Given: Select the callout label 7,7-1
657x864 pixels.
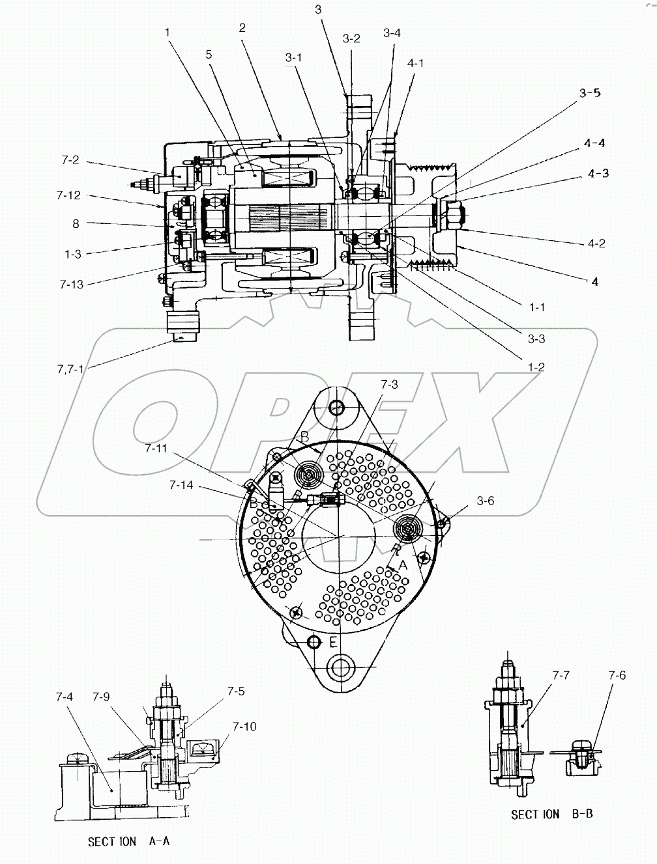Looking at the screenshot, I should [69, 369].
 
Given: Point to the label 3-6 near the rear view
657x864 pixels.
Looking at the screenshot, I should [485, 500].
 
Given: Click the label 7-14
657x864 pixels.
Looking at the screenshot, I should [181, 485].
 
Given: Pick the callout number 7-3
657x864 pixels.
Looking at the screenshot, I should [389, 384].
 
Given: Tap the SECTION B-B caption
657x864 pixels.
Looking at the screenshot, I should [551, 814].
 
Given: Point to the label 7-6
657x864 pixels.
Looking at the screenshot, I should [617, 675].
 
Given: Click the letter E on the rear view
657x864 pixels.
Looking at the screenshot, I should [332, 643].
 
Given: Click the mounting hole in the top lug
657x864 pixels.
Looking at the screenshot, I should [336, 408].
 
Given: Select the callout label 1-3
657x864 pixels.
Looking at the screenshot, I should [73, 255].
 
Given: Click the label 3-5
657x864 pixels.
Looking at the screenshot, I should [589, 92].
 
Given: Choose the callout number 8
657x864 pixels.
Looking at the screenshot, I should [76, 223].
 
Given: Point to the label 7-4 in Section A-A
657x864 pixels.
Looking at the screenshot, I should [64, 697].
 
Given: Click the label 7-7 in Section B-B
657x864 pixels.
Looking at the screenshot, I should [561, 675].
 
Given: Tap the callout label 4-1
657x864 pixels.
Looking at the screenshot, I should [415, 63].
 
